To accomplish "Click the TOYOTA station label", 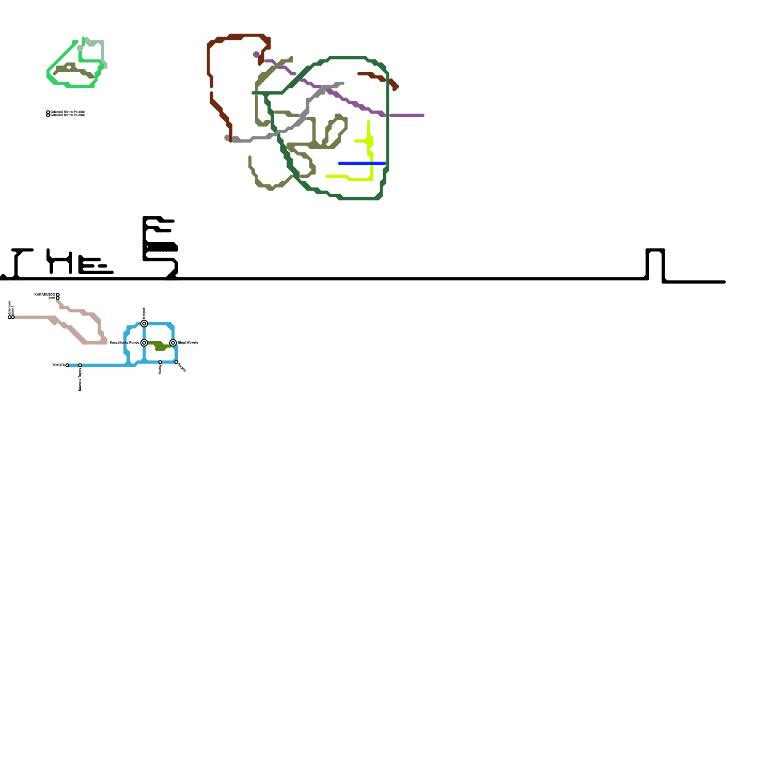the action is (x=58, y=365).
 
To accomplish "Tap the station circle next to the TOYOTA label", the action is (x=67, y=365).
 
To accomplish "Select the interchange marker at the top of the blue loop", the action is (x=144, y=323).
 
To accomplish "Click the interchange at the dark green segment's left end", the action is (x=144, y=343).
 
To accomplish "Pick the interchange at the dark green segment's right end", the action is (x=173, y=343).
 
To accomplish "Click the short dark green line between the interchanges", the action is (x=159, y=346).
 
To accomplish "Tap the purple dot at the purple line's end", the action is (x=256, y=54).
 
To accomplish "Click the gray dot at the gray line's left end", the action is (x=227, y=138).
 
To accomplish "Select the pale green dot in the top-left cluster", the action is (x=80, y=48).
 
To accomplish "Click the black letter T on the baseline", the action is (x=18, y=262).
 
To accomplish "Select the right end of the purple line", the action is (x=422, y=115).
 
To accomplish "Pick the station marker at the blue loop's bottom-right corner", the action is (x=176, y=362).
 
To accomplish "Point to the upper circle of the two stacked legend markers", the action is (x=48, y=112).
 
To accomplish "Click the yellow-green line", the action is (x=371, y=159).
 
